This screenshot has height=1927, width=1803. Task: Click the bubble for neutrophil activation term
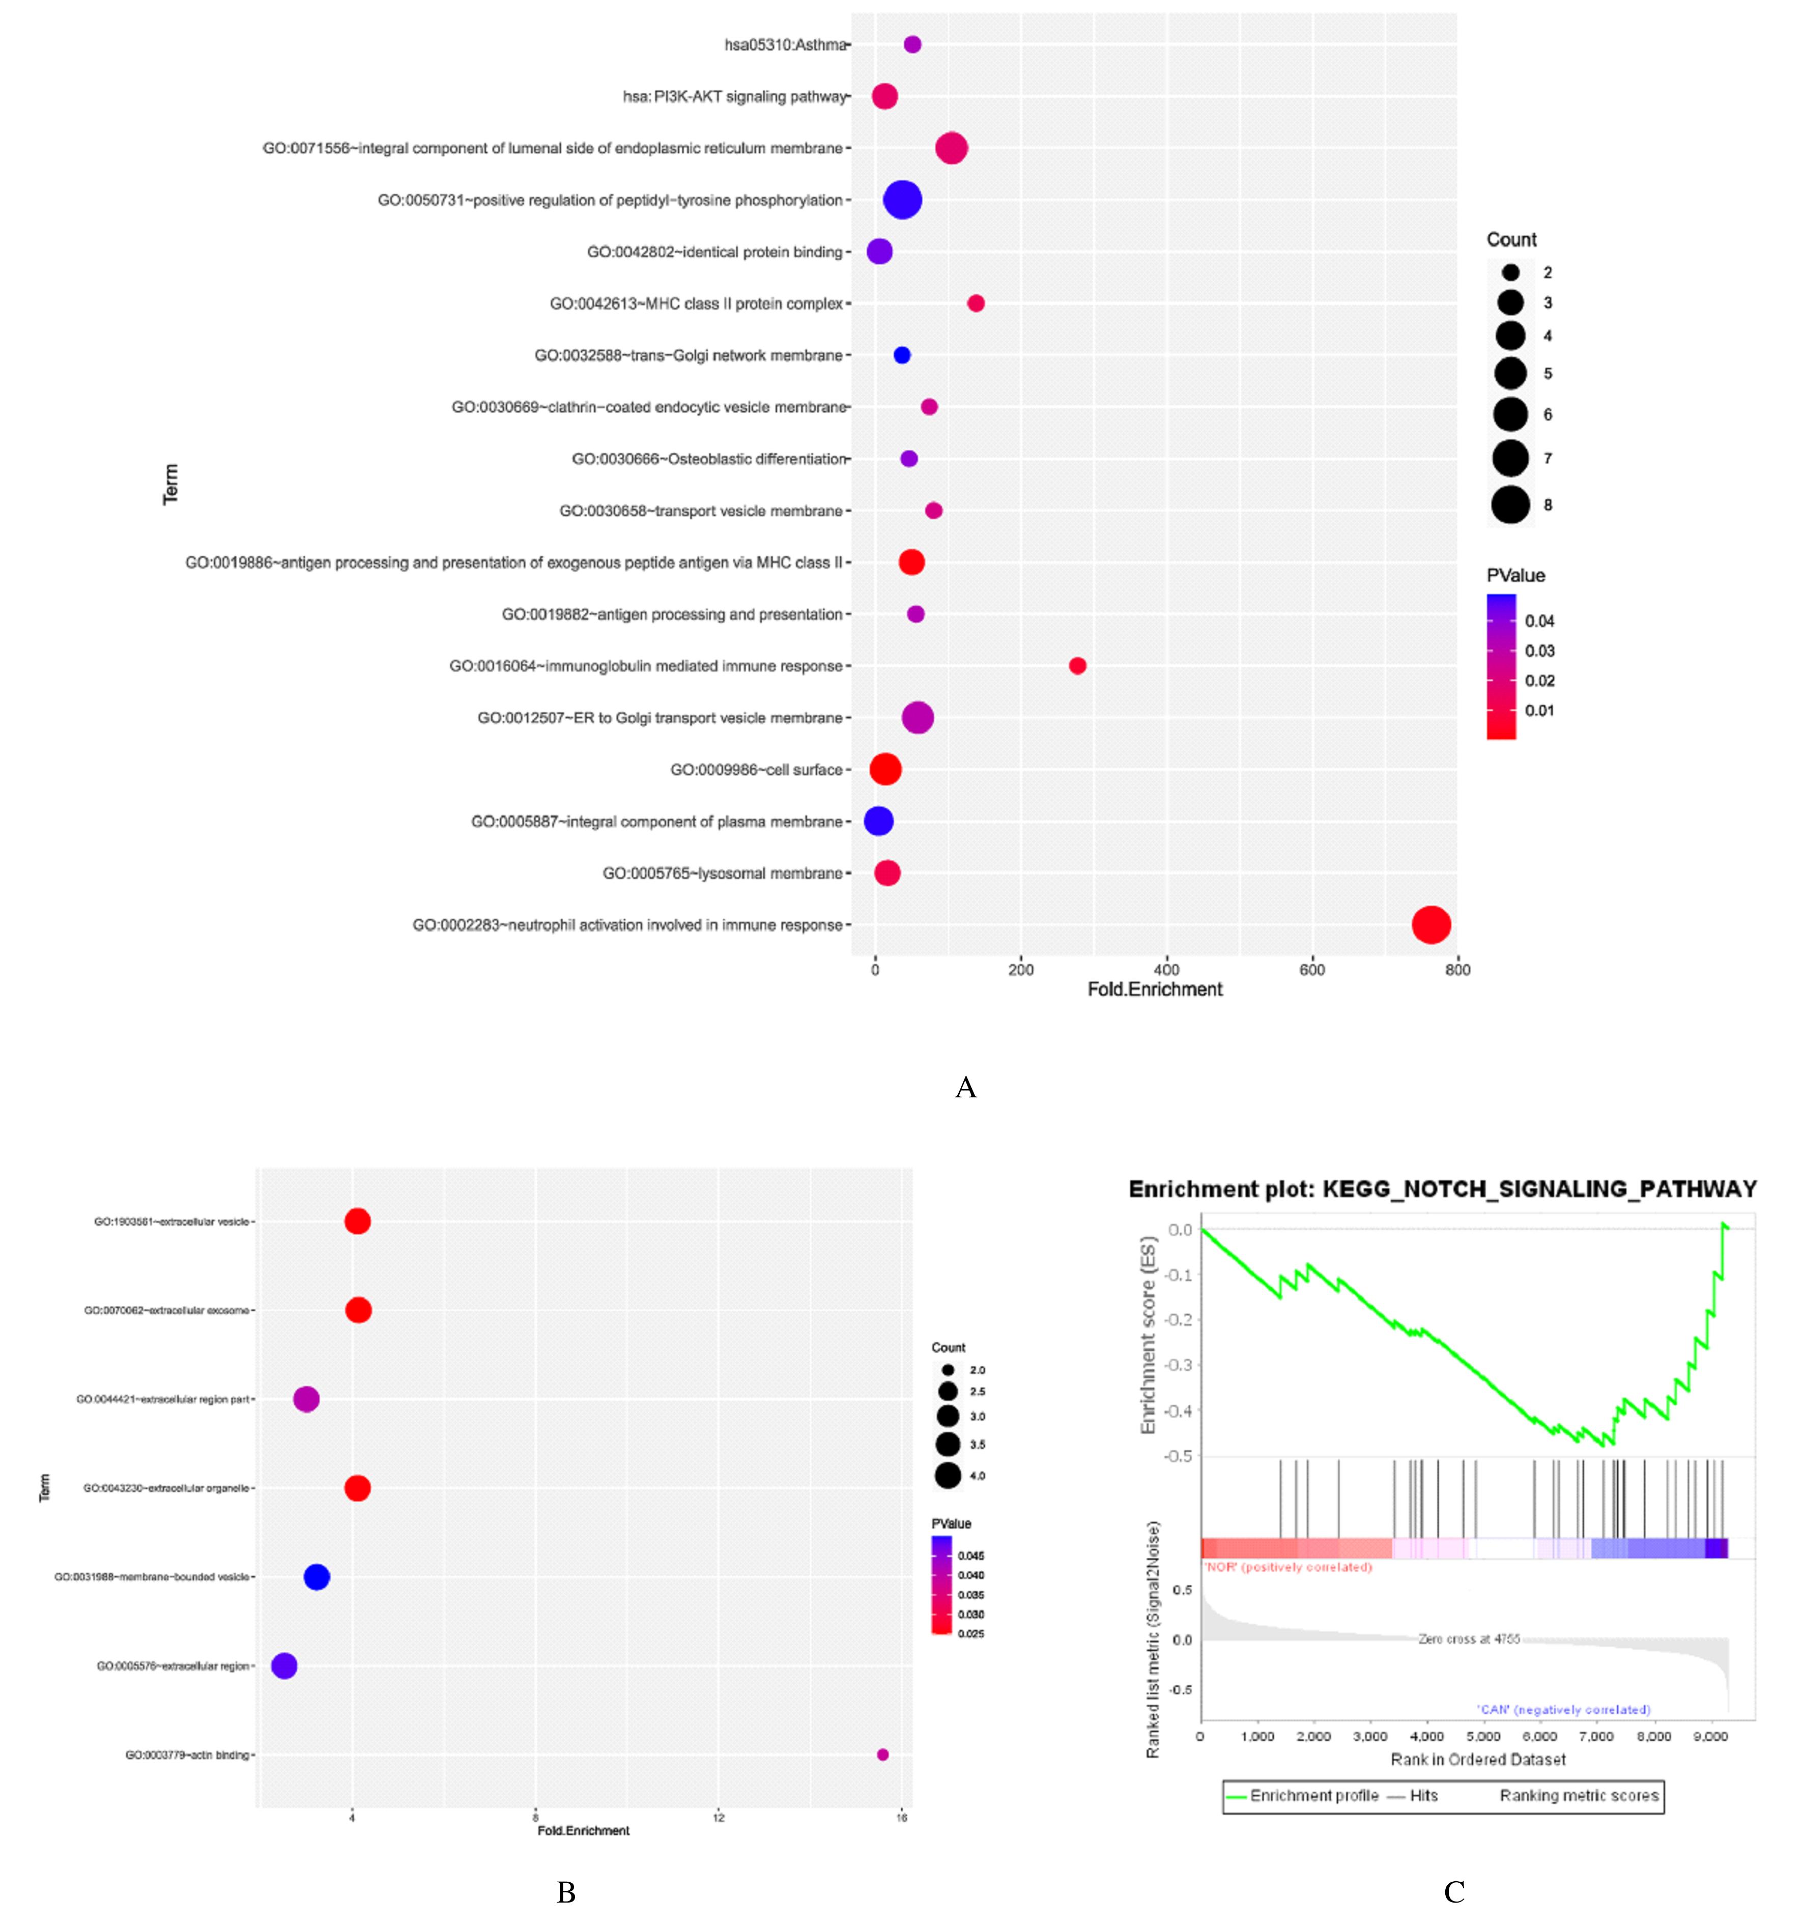tap(1431, 925)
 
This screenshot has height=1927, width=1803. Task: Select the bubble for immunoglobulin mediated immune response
tap(1077, 666)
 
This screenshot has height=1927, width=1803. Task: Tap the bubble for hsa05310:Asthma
tap(912, 45)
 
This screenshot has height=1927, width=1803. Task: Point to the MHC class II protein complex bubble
tap(976, 303)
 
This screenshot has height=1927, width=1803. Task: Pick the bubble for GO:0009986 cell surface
tap(885, 770)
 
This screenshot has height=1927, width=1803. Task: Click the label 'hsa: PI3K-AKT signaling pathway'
tap(734, 97)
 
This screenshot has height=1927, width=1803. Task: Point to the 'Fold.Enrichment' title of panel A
tap(1155, 989)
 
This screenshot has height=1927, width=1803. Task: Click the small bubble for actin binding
tap(882, 1754)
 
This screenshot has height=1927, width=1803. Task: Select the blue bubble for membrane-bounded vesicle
tap(317, 1577)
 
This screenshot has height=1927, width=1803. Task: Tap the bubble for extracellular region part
tap(306, 1399)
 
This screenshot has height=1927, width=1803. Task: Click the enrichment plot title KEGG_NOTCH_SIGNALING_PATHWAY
tap(1442, 1189)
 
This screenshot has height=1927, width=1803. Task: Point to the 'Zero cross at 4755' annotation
tap(1469, 1639)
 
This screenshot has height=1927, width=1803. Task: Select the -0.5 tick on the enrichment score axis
tap(1180, 1456)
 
